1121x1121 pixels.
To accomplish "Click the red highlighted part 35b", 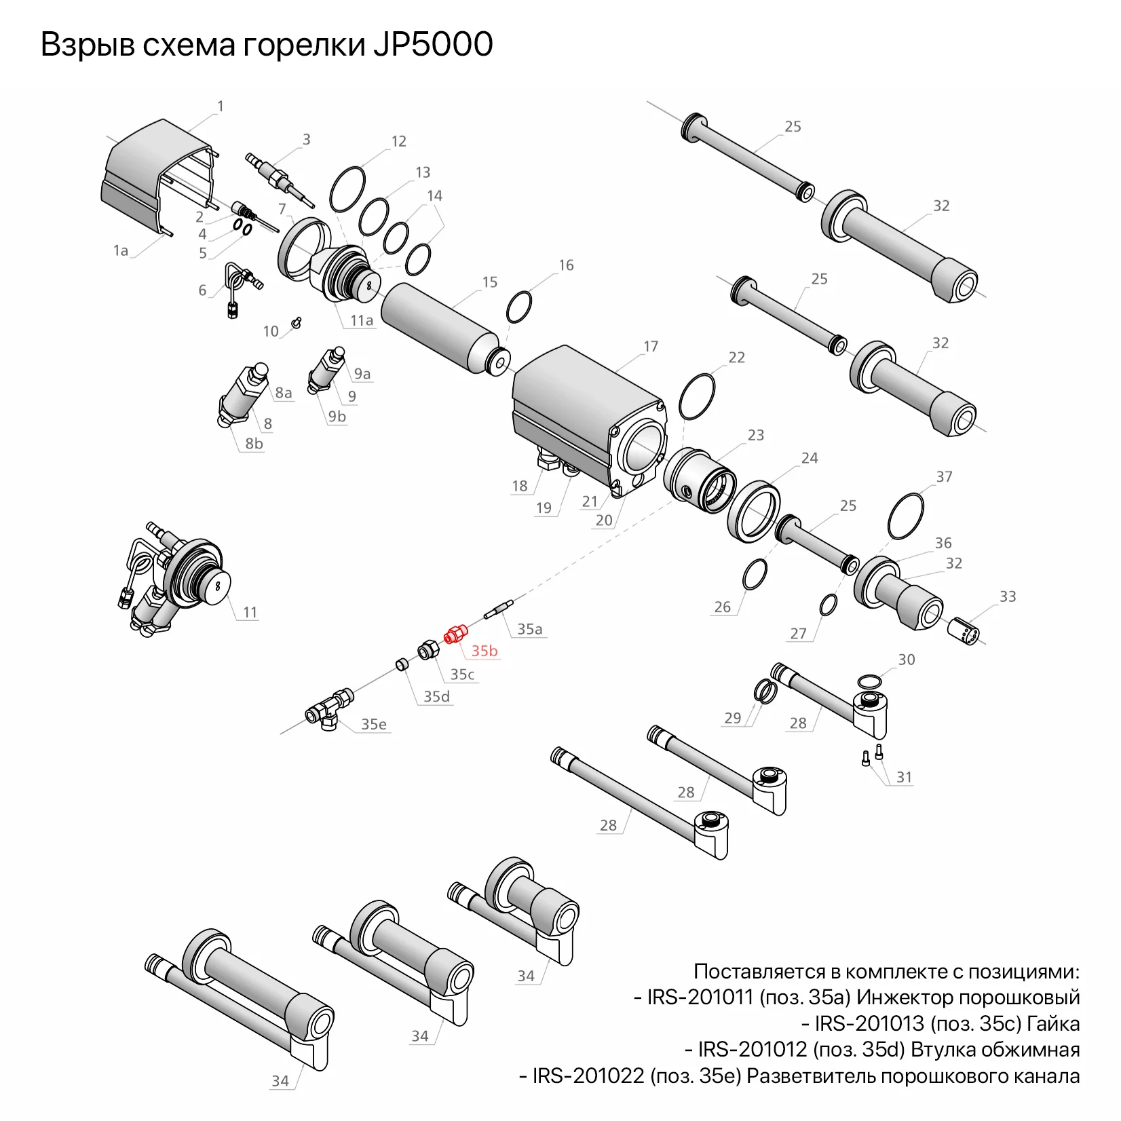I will coord(455,635).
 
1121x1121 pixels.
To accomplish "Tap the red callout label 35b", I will coord(484,651).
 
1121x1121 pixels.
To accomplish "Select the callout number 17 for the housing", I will coord(651,347).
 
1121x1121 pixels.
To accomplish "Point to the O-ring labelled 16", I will coord(519,307).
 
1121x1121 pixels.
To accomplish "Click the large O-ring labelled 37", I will coord(906,516).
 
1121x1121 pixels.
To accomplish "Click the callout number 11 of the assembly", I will coord(250,613).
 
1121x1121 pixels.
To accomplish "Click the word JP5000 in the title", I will coord(432,45).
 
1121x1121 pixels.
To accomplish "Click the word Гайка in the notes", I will coord(1053,1024).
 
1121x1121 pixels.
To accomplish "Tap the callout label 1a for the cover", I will coord(121,251).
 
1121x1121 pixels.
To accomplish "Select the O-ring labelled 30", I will coord(870,681).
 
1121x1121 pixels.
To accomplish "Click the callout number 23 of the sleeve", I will coord(756,435).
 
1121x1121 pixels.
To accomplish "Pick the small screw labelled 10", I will coord(296,322).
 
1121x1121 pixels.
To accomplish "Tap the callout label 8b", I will coord(254,444).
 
